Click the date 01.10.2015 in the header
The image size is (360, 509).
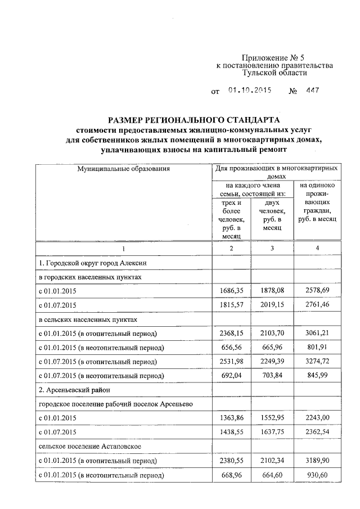tap(250, 91)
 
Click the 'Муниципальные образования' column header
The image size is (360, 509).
tap(124, 168)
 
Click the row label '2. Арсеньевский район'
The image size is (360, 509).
tap(73, 390)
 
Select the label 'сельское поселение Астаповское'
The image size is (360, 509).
tap(89, 447)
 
